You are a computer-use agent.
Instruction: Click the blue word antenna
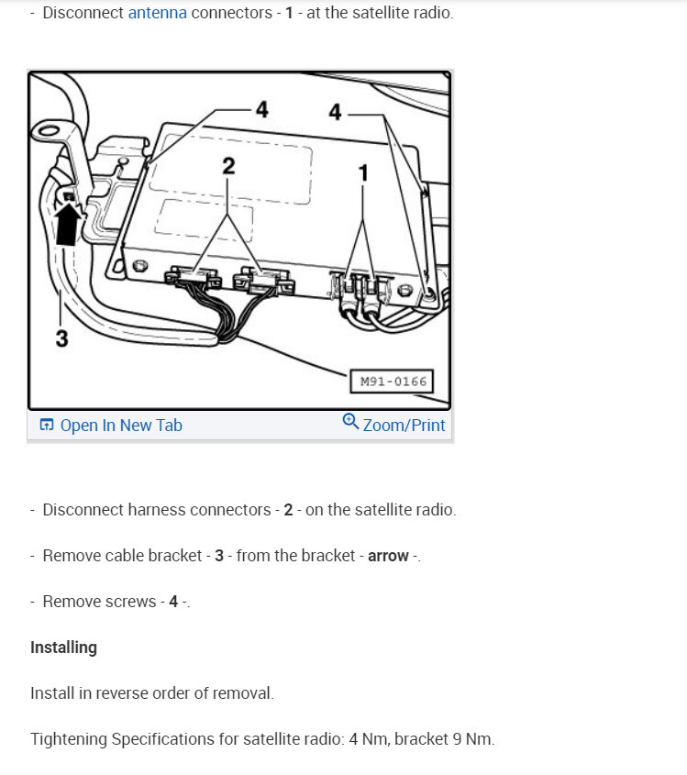(157, 14)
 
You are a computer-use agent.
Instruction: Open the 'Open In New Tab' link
(120, 426)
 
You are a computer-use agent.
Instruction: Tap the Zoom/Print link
(404, 426)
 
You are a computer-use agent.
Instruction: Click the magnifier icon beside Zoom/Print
(350, 422)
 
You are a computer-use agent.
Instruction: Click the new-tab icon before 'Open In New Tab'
(47, 426)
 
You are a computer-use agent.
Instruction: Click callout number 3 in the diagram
(61, 338)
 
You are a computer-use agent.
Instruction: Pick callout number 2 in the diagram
(228, 166)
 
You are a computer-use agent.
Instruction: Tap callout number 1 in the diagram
(363, 172)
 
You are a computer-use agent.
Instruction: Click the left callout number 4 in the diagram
(262, 110)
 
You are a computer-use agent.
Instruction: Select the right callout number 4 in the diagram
(335, 112)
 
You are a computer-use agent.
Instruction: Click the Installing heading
(63, 648)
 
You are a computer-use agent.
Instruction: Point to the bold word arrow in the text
(388, 556)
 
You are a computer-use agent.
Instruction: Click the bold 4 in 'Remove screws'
(173, 602)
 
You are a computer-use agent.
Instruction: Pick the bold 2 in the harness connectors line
(288, 510)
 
